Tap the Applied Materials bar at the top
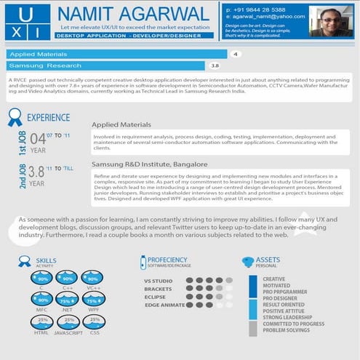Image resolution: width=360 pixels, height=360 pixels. click(116, 54)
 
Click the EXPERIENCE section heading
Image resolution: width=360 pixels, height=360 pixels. click(48, 116)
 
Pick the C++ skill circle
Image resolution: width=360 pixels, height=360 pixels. click(68, 279)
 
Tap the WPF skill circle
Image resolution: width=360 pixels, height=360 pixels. click(92, 300)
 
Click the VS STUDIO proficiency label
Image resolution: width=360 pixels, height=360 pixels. click(158, 281)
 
